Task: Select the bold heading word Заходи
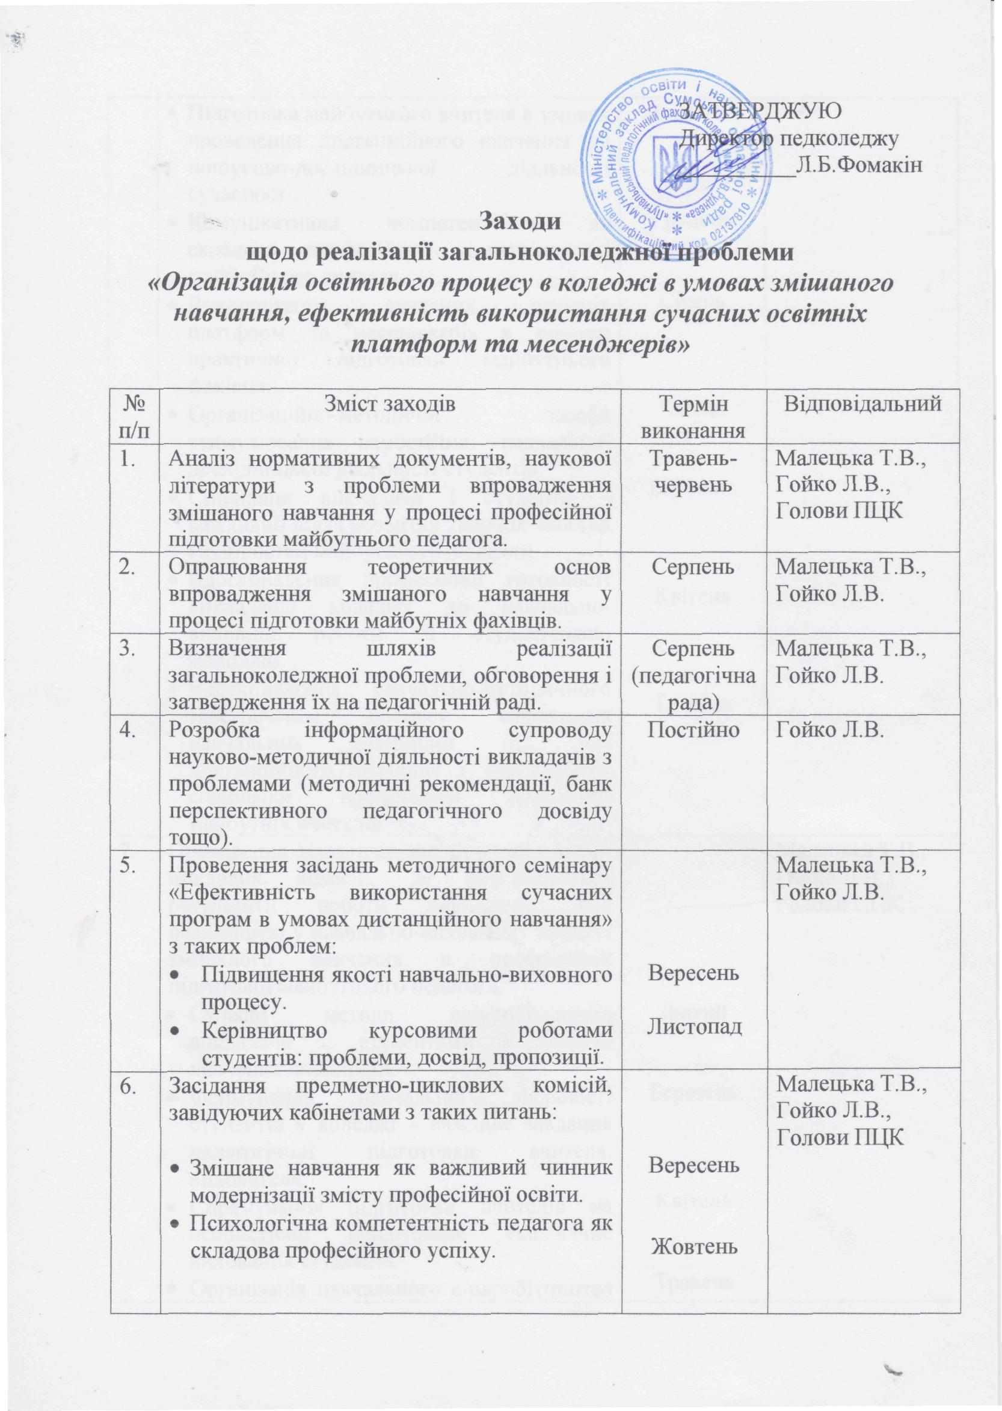[520, 220]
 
